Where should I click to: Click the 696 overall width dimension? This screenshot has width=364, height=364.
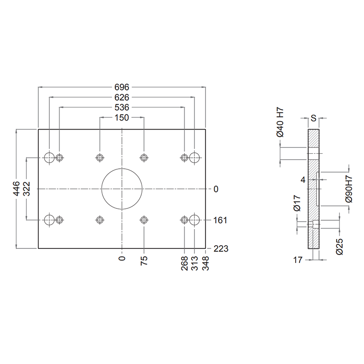click(122, 86)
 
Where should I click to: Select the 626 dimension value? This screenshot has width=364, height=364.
click(122, 97)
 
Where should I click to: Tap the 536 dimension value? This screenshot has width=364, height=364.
click(122, 108)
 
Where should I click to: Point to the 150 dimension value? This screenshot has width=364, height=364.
click(122, 118)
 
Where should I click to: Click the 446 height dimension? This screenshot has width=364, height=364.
click(16, 189)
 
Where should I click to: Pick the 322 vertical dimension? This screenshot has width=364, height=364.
click(26, 189)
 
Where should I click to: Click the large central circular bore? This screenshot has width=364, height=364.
click(122, 188)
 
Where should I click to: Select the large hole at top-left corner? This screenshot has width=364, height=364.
click(50, 157)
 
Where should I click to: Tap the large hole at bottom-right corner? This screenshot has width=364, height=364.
click(195, 220)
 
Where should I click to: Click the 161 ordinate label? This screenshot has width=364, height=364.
click(220, 220)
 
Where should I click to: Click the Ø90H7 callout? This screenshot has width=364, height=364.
click(349, 188)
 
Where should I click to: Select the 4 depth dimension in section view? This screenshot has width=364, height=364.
click(303, 180)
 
